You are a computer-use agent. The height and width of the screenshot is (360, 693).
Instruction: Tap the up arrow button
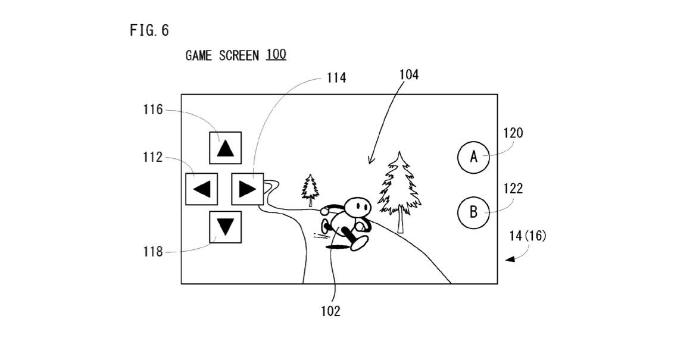point(225,148)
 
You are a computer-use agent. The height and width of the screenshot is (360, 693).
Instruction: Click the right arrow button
point(247,189)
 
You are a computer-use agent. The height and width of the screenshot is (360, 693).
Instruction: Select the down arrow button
point(225,227)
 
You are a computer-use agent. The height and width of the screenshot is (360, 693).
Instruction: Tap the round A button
point(473,157)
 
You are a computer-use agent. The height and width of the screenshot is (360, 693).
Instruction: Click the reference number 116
point(152,110)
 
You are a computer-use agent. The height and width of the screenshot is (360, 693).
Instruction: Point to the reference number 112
point(152,158)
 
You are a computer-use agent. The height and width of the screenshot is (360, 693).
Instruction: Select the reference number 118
point(152,252)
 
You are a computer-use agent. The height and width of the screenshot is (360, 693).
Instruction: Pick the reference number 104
point(409,74)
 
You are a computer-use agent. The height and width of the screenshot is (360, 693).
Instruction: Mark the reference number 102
point(330,311)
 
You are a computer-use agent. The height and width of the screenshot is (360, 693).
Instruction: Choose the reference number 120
point(513,133)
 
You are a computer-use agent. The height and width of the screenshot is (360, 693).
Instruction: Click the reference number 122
point(513,189)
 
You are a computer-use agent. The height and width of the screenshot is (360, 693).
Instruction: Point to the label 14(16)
point(527,236)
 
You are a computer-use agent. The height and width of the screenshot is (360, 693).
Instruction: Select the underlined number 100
point(276,55)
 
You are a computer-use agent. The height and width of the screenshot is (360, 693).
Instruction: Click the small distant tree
point(310,189)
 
